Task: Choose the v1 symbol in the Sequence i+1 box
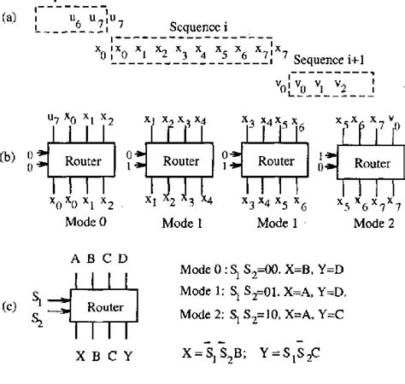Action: tap(321, 86)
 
